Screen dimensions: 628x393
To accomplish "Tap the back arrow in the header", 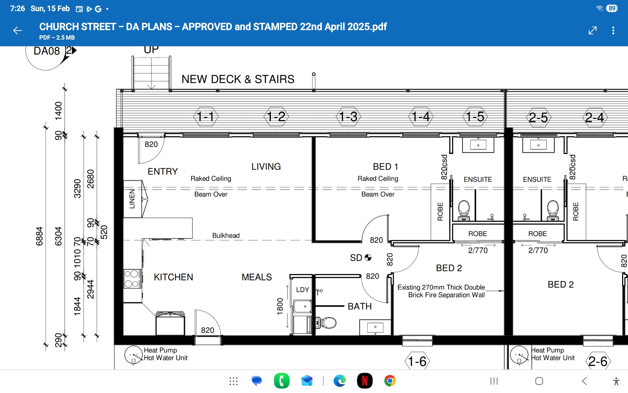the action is tap(17, 31).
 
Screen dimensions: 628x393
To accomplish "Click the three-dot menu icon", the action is tap(613, 30).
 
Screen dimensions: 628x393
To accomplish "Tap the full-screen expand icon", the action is tap(593, 30).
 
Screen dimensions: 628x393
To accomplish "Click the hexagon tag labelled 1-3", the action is tap(348, 117).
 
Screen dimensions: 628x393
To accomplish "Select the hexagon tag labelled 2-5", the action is tap(538, 118).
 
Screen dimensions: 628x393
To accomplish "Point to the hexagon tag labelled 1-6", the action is tap(417, 361).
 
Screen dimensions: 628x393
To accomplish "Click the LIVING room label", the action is tap(266, 167).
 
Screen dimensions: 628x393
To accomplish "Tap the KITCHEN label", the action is tap(173, 277).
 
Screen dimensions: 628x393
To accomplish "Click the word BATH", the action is tap(360, 306).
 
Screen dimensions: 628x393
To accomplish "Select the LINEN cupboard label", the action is tap(132, 199).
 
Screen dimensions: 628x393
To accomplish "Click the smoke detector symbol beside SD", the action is tap(368, 257).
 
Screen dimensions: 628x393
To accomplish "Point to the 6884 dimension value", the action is tap(39, 236).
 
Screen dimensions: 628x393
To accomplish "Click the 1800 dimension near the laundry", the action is tap(280, 307).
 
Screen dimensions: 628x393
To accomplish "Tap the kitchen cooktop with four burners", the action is tap(132, 279).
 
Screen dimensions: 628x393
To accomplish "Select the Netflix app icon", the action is tap(365, 381).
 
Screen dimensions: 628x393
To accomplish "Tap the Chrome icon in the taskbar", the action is tap(390, 381).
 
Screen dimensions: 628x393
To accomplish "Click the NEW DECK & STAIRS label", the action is tap(238, 79).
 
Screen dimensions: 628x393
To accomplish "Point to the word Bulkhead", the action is tap(226, 235).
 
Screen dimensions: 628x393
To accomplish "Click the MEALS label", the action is tap(257, 277).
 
